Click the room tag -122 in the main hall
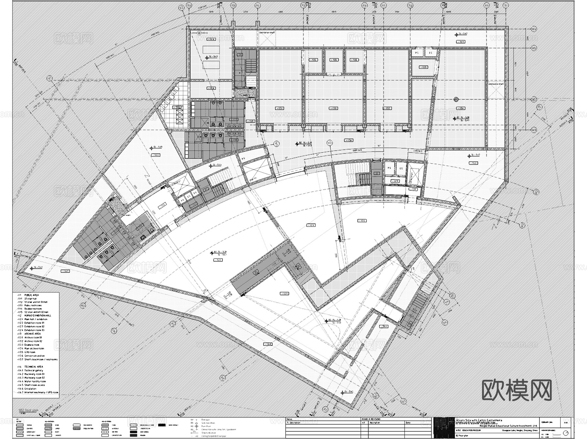click(x=218, y=260)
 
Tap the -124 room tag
click(x=362, y=221)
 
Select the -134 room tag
click(x=460, y=108)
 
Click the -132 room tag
click(x=387, y=108)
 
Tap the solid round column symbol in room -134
click(x=456, y=99)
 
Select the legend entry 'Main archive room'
click(x=34, y=348)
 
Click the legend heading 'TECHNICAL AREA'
click(x=34, y=367)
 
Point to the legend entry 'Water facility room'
click(x=35, y=381)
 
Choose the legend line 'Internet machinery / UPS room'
click(x=41, y=392)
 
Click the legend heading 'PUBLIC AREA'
click(x=31, y=295)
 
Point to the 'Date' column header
click(x=408, y=423)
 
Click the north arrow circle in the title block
click(x=565, y=433)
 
